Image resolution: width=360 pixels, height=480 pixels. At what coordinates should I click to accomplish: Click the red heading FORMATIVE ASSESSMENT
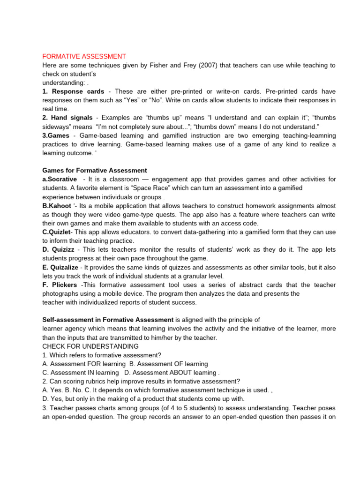84,56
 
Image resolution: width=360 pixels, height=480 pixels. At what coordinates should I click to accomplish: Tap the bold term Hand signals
72,118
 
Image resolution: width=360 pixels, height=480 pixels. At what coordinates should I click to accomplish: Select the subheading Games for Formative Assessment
94,170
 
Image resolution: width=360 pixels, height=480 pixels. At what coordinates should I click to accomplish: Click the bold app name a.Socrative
60,179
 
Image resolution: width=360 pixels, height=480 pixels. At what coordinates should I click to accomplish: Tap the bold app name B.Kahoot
57,206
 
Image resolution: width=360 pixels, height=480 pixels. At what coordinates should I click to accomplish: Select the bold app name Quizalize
66,267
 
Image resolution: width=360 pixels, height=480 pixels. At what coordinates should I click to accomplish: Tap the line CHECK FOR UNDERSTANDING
90,346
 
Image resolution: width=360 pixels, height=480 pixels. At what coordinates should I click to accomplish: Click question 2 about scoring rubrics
141,381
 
